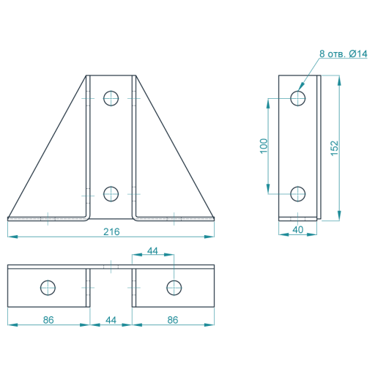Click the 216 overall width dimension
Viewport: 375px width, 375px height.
coord(111,231)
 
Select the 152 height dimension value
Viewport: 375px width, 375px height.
coord(335,148)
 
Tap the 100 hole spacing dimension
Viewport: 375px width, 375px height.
coord(264,146)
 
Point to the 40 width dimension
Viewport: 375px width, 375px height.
coord(298,230)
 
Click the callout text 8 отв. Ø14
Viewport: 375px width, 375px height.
coord(344,53)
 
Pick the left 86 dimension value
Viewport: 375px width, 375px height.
coord(48,320)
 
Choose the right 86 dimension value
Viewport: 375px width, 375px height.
coord(173,320)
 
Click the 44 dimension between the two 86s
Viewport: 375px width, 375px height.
coord(111,320)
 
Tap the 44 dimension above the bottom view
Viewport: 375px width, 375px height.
coord(152,250)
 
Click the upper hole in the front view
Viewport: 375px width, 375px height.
coord(111,98)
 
